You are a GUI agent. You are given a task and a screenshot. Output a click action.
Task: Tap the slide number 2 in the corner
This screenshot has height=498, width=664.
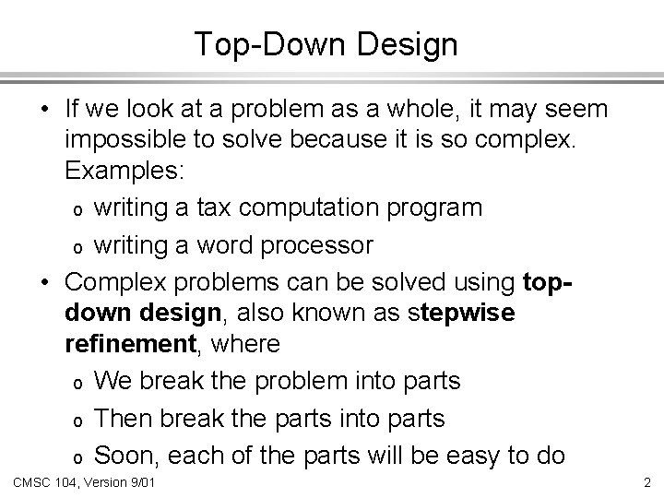point(646,483)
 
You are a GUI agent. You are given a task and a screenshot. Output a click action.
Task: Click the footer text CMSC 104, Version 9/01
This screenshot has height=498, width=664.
point(83,483)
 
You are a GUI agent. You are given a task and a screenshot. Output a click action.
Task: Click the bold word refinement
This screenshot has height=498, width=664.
point(125,345)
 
